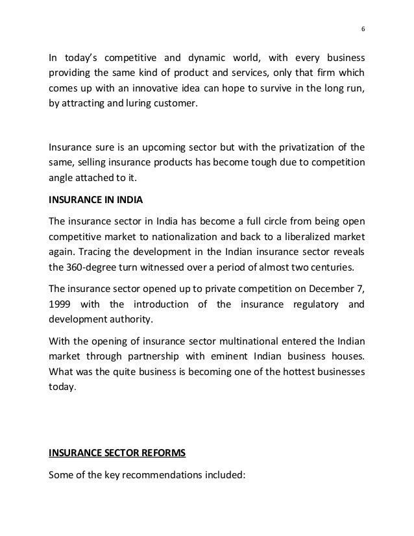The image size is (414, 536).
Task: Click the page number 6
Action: tap(362, 29)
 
